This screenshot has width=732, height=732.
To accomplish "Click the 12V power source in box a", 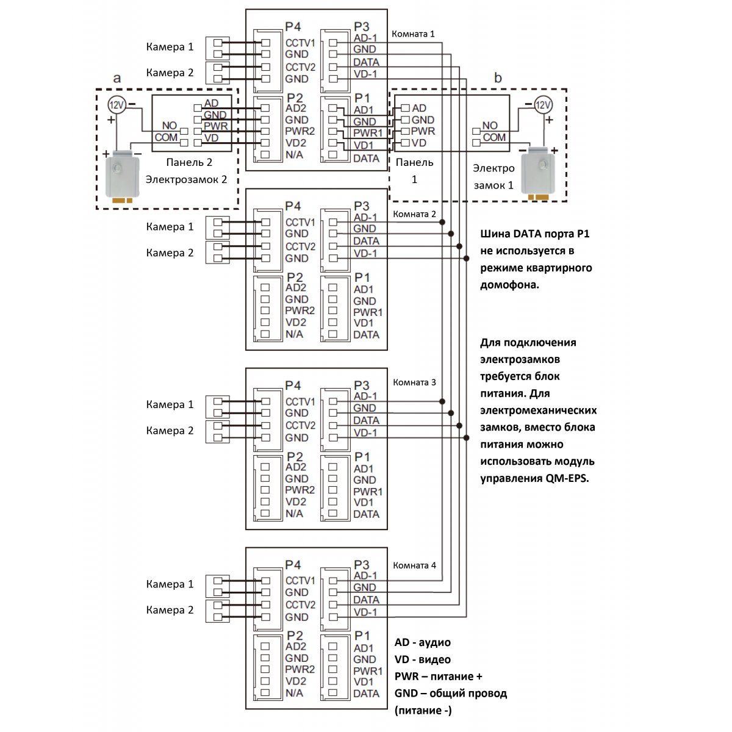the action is click(117, 105).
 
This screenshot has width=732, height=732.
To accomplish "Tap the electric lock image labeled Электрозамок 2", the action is click(123, 175).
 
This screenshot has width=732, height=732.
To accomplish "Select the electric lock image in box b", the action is click(538, 173).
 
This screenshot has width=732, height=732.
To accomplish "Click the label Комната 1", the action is click(413, 34).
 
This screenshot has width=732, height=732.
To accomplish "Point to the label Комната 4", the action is click(414, 565).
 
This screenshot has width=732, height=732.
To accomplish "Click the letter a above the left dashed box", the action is click(117, 78).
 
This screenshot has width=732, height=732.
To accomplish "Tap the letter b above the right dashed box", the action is click(498, 77).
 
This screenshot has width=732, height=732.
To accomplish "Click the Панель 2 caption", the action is click(189, 162).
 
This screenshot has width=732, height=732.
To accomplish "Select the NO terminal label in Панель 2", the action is click(170, 126).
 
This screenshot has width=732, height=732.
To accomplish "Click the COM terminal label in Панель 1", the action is click(494, 137).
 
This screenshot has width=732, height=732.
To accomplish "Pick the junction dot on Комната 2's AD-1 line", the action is click(442, 222).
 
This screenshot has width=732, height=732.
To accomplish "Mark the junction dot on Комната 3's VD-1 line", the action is click(467, 437).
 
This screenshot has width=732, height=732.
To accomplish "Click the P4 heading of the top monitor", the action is click(293, 27).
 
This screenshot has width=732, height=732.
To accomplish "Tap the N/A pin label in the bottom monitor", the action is click(295, 693).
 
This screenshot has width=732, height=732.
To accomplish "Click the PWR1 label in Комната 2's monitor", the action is click(368, 312).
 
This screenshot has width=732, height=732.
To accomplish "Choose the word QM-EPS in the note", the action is click(567, 478).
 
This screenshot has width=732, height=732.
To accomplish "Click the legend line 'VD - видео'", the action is click(422, 659).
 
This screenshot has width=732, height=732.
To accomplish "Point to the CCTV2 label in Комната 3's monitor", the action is click(301, 425).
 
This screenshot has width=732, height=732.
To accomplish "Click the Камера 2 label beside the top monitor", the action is click(170, 73).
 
